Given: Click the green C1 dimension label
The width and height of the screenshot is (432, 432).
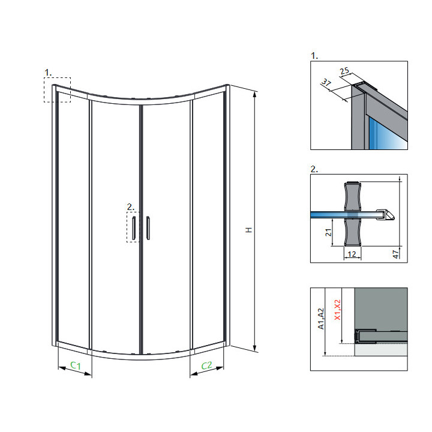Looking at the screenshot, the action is point(76,365).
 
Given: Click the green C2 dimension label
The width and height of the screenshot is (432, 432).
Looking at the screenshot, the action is point(206,365).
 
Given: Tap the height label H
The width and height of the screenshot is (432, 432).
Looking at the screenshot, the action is point(249,230).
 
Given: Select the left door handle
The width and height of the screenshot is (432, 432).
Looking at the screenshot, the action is point(134,228).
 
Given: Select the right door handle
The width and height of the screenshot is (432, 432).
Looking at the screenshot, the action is point(148,228).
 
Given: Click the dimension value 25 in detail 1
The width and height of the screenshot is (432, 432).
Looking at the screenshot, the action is point(344,71).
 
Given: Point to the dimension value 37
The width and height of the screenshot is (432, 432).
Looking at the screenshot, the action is point(326,82).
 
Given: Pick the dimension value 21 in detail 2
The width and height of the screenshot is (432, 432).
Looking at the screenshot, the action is point(328,232).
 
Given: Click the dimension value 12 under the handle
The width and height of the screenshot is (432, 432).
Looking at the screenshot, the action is point(352,254).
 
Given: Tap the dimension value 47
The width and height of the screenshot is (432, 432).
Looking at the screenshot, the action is point(395,254).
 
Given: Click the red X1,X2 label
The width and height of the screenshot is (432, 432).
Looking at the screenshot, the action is point(337,310).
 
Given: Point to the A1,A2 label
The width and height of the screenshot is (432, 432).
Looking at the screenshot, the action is point(321,319).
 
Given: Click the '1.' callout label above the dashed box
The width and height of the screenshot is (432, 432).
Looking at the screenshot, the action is point(48,73).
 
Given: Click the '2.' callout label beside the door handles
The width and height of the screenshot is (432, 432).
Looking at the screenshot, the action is point(131,207).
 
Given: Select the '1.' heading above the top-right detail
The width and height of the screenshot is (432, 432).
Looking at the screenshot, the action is point(314,56).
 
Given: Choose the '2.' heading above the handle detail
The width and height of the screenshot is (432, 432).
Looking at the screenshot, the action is point(314,169).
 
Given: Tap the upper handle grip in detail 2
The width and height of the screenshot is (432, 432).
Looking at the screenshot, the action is point(352,196).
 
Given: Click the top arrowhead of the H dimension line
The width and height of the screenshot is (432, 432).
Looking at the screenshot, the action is point(255,94).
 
